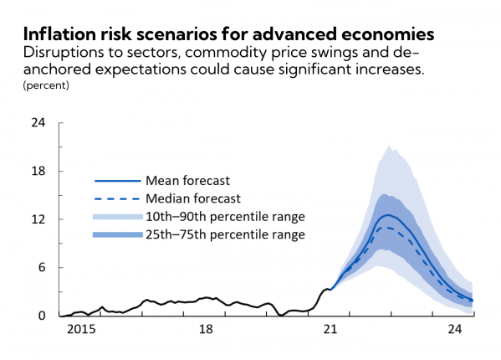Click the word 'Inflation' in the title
pos(59,33)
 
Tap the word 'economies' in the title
pos(386,34)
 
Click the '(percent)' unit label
pos(46,85)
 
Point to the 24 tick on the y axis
pos(38,122)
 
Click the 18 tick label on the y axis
pos(38,171)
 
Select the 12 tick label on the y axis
pos(38,219)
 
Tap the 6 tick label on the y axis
pos(42,267)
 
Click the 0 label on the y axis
pos(42,316)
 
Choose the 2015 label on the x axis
pos(81,329)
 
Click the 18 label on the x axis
pos(206,329)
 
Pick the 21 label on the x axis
pos(330,329)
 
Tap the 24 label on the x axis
pos(455,329)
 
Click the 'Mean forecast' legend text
pos(188,181)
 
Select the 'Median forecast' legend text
pos(193,198)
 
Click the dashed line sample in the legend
pos(117,199)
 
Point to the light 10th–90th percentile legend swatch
pos(118,217)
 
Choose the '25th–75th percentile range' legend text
pos(225,234)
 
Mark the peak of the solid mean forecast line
pos(389,215)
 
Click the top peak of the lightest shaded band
pos(389,146)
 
